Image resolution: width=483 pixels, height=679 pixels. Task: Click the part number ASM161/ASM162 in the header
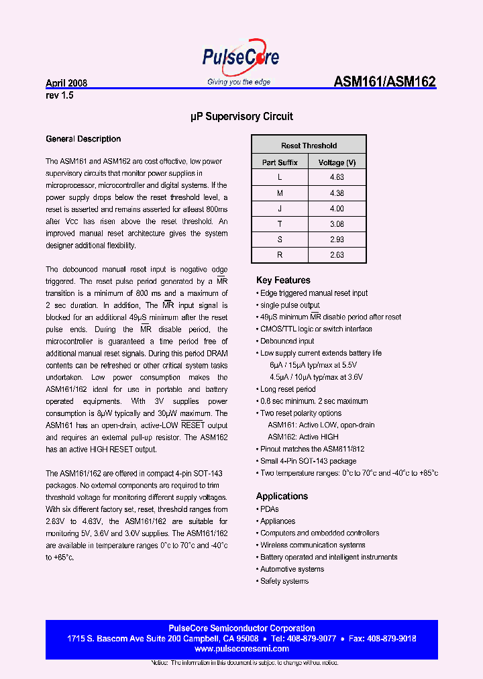tap(384, 83)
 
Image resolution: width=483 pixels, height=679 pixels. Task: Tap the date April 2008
tap(66, 84)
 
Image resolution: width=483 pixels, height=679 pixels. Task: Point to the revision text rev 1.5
tap(60, 95)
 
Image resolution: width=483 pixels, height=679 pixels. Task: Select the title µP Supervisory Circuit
tap(241, 117)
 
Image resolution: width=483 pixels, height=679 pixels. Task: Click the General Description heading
tap(83, 139)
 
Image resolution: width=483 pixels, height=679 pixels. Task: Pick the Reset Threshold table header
tap(309, 146)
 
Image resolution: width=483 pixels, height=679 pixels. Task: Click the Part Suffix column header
tap(280, 162)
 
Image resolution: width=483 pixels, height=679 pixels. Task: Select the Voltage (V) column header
tap(337, 162)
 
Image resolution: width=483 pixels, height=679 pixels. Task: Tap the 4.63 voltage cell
tap(337, 177)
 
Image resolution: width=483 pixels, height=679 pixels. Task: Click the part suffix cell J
tap(280, 208)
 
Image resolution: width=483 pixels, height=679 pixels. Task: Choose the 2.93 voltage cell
tap(337, 239)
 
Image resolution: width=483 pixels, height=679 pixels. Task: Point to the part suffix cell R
tap(280, 254)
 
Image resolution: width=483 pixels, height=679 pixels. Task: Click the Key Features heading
tap(283, 280)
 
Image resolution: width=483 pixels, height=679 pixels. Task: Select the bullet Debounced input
tap(287, 341)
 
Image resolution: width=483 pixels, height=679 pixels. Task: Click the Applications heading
tap(282, 497)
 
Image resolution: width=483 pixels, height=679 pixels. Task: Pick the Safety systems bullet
tap(284, 581)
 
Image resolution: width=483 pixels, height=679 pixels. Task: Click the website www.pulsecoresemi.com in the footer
tap(241, 649)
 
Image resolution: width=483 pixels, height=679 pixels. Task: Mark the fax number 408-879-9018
tap(393, 639)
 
